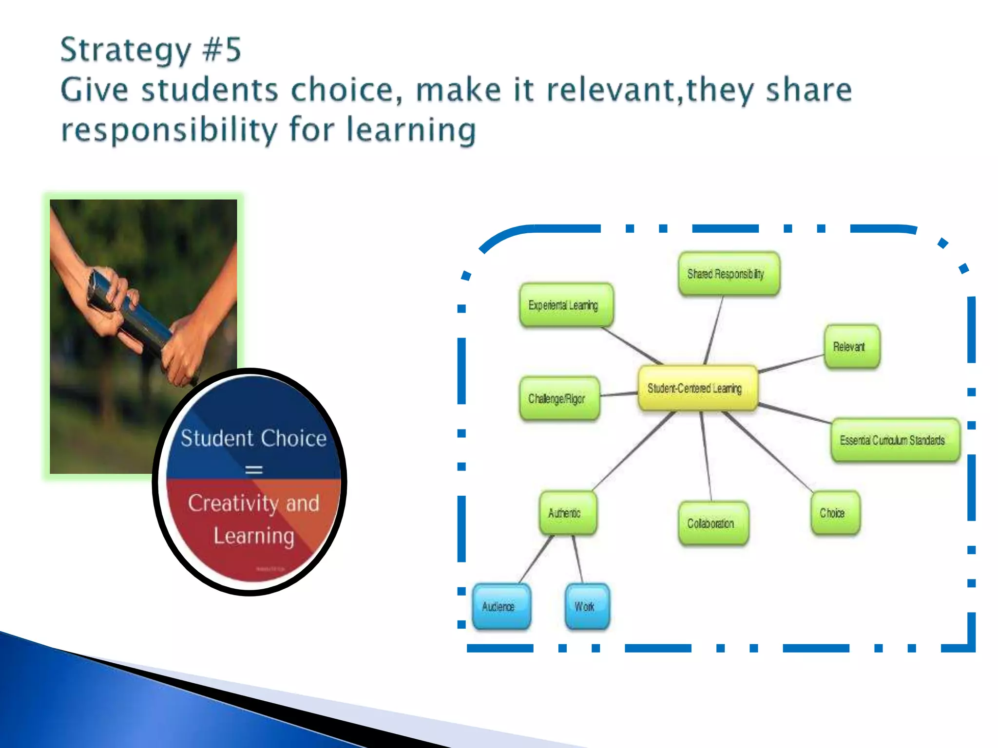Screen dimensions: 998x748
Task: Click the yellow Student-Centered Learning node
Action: tap(697, 388)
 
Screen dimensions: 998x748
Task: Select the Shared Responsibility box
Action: tap(729, 274)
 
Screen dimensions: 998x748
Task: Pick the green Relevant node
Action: tap(852, 347)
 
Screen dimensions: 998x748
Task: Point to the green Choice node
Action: tap(835, 513)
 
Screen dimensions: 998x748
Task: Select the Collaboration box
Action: tap(713, 524)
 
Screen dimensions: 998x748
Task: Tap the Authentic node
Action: tap(568, 513)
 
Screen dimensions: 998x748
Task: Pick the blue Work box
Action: tap(587, 607)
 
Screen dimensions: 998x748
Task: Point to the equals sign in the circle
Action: tap(253, 470)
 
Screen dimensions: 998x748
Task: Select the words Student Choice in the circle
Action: tap(253, 438)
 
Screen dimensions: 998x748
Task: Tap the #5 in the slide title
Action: tap(222, 50)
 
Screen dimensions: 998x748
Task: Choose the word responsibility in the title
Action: tap(168, 130)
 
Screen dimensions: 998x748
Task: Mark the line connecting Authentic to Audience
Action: tap(537, 560)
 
